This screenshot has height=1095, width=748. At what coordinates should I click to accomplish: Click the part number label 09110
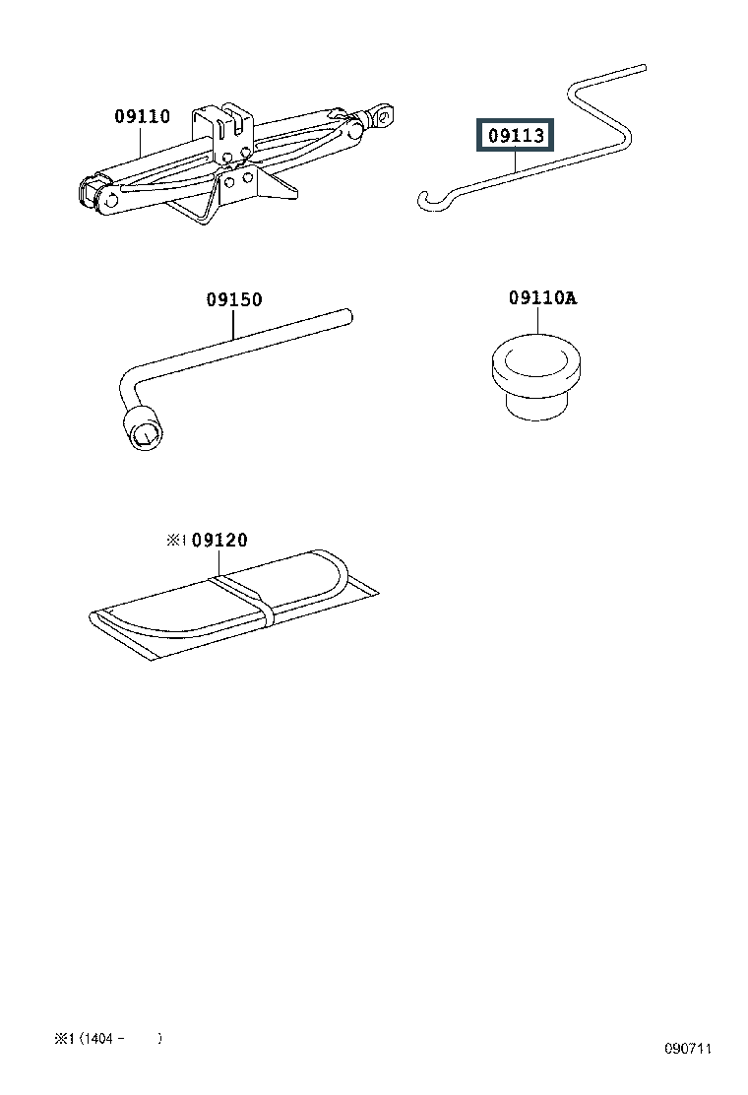pyautogui.click(x=142, y=117)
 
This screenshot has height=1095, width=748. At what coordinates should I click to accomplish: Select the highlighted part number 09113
pyautogui.click(x=515, y=136)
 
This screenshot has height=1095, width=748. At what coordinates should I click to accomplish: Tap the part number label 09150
pyautogui.click(x=234, y=300)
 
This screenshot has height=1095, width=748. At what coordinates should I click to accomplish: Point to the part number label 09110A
pyautogui.click(x=542, y=298)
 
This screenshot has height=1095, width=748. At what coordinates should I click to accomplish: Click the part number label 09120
pyautogui.click(x=219, y=540)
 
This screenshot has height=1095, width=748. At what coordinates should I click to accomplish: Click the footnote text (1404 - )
pyautogui.click(x=119, y=1038)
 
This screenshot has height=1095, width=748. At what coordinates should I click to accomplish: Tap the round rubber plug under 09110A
pyautogui.click(x=537, y=379)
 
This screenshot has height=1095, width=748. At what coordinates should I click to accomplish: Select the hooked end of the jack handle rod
pyautogui.click(x=430, y=200)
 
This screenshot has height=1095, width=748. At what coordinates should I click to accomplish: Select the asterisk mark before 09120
pyautogui.click(x=175, y=540)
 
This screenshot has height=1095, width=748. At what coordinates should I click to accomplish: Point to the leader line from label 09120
pyautogui.click(x=220, y=562)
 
